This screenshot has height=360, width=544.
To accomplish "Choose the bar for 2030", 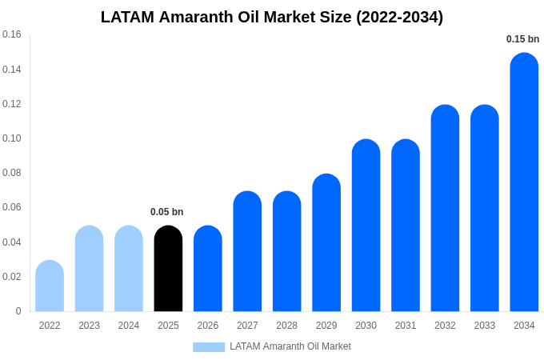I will [x=366, y=226].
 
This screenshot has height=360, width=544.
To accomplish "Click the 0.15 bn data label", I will [x=522, y=39].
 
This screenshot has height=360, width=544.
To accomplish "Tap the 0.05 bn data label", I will [x=166, y=212].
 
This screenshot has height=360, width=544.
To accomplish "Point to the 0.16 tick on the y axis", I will [x=12, y=34].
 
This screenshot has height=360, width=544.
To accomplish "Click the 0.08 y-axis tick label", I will [x=12, y=173].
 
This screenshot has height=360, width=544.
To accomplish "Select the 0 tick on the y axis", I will [x=18, y=311].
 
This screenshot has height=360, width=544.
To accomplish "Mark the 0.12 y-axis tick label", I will [x=12, y=104].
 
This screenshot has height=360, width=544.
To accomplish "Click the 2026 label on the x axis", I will [x=208, y=326].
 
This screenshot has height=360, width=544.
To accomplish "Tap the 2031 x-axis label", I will [x=406, y=326].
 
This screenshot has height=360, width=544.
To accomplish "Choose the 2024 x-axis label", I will [x=129, y=326].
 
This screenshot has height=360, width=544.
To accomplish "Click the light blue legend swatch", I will [x=209, y=347].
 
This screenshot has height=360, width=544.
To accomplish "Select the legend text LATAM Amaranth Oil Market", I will [x=290, y=346].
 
